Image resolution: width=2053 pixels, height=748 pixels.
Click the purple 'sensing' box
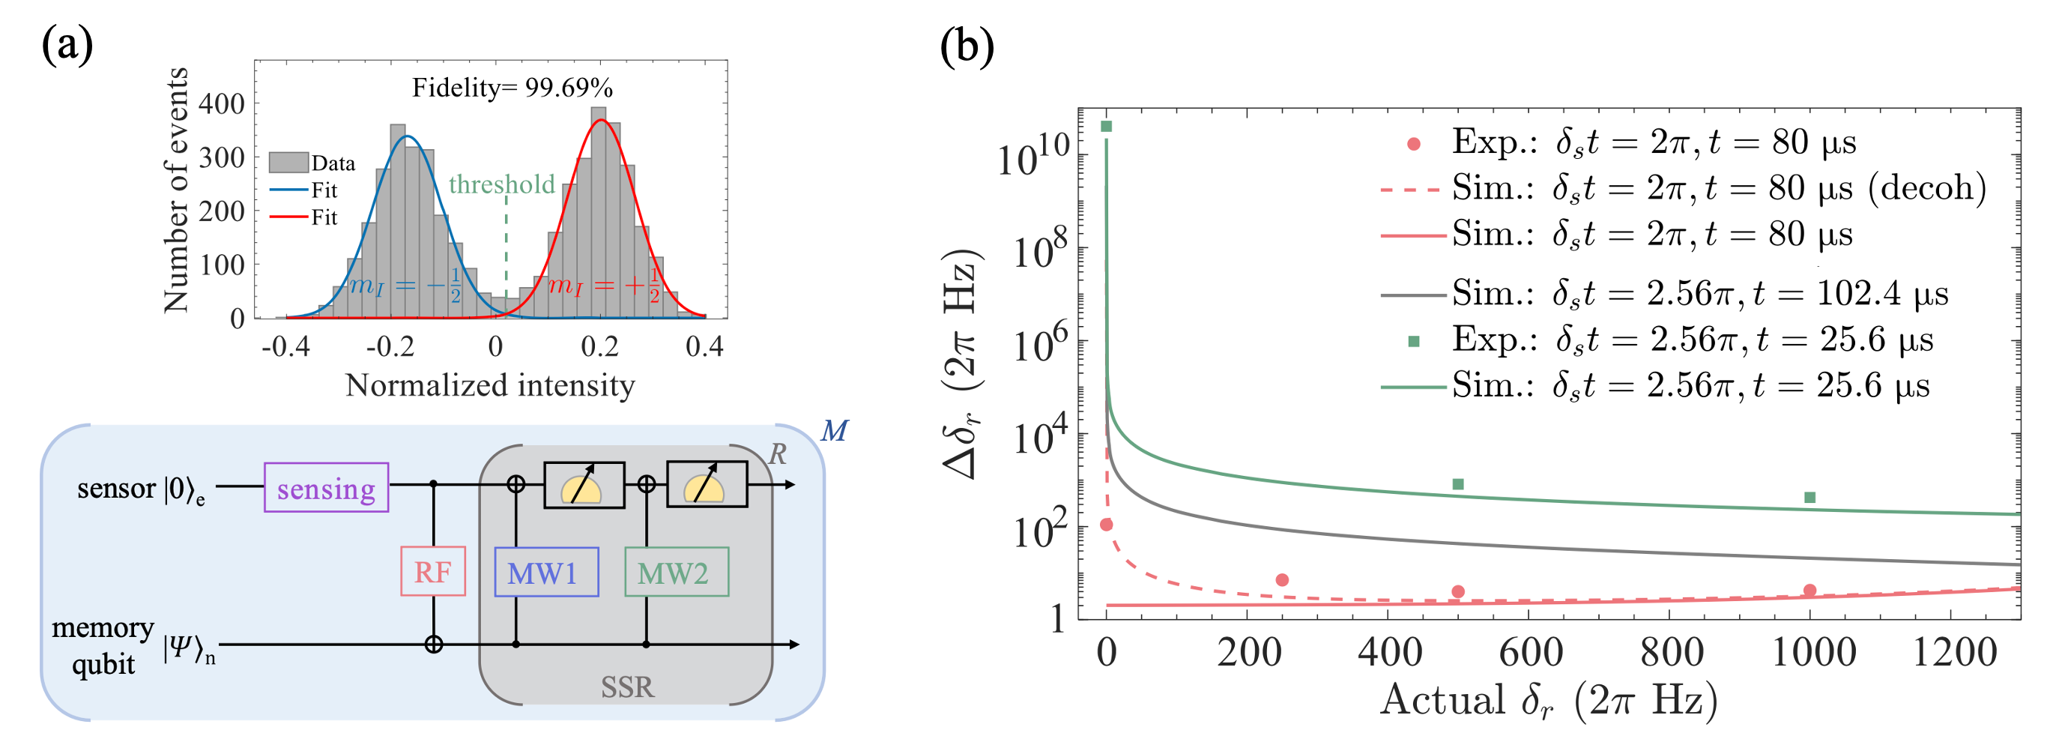[x=326, y=487]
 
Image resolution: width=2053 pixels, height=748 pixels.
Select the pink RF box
[x=433, y=571]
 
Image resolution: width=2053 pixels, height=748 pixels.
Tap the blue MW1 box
[x=546, y=572]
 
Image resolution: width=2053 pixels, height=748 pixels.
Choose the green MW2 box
[x=676, y=572]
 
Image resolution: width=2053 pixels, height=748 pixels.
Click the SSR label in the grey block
[x=627, y=687]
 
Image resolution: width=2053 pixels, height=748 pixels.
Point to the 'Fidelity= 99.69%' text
[x=512, y=88]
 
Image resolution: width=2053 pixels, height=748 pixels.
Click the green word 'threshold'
[x=501, y=184]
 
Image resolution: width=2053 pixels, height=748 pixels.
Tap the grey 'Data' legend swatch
[x=288, y=163]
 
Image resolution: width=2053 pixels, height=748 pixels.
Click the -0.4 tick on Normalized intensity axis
[x=285, y=347]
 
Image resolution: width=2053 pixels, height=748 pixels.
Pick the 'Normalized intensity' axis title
[x=490, y=385]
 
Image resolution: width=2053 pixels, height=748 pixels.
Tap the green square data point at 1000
[x=1810, y=498]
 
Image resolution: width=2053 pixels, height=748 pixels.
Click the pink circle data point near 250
[x=1281, y=580]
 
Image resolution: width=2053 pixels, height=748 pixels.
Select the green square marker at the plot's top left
[x=1106, y=127]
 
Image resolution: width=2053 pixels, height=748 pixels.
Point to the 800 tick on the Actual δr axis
[x=1672, y=652]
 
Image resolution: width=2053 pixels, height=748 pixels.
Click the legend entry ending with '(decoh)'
[x=1682, y=188]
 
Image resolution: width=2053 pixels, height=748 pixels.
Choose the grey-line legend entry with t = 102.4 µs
[x=1663, y=294]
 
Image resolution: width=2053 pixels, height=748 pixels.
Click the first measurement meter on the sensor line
[x=584, y=485]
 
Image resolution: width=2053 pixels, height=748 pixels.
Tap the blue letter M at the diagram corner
[x=835, y=431]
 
